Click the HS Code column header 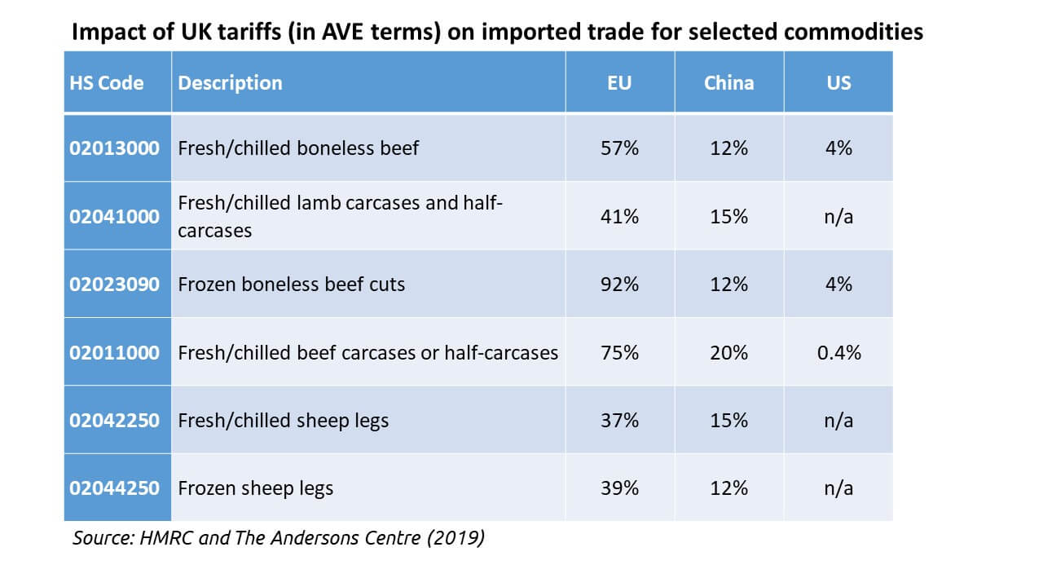[108, 83]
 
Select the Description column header [230, 83]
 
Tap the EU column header [619, 83]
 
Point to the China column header [728, 83]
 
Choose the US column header [838, 83]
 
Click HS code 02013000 [114, 149]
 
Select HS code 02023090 [114, 285]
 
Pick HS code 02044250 [114, 488]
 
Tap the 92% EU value [619, 285]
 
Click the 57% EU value [619, 149]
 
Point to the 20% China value [728, 352]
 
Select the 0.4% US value [838, 352]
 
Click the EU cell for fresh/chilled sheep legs [619, 421]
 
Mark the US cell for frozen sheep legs [838, 488]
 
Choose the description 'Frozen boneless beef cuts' [291, 285]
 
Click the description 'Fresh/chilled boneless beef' [298, 149]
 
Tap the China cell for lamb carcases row [728, 217]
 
